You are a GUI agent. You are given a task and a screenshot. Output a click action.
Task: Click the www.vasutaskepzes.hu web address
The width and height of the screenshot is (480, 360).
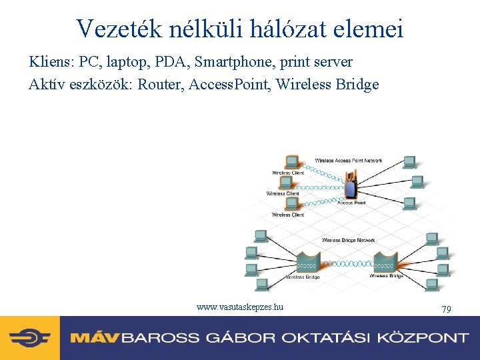click(x=240, y=307)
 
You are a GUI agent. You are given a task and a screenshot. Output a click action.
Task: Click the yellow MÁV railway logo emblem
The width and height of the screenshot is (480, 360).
click(x=30, y=337)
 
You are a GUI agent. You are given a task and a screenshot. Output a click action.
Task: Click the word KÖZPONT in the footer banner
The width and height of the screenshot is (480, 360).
click(x=421, y=337)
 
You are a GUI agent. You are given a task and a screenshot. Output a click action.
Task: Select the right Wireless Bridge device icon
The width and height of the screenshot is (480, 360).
click(x=386, y=261)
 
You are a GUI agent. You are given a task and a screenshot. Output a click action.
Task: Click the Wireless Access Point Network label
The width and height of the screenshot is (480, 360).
click(x=349, y=161)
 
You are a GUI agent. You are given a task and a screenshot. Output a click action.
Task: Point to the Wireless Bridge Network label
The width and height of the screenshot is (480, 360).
click(x=348, y=240)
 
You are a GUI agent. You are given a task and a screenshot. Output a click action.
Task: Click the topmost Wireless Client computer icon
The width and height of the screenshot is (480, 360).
click(x=291, y=162)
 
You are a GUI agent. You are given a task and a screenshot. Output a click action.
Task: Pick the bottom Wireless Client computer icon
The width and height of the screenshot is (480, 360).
click(x=291, y=205)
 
